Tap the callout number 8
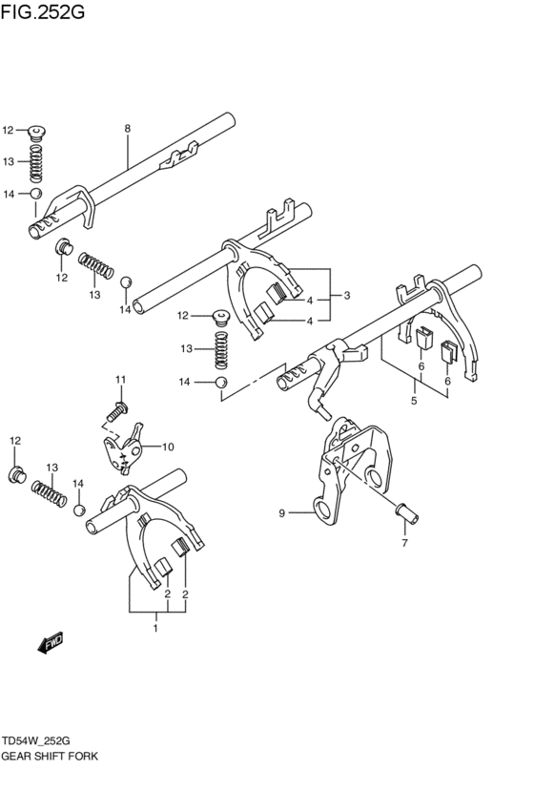tap(127, 128)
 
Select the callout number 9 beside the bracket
tap(282, 514)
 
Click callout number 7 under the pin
tap(404, 544)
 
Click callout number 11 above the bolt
tap(121, 380)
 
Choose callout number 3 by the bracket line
tap(347, 295)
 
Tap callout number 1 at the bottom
tap(155, 627)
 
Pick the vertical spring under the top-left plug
tap(37, 164)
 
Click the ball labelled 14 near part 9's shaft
tap(220, 383)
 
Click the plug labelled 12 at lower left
tap(16, 473)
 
